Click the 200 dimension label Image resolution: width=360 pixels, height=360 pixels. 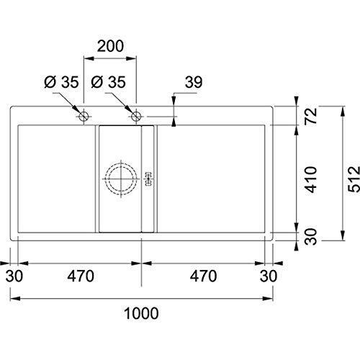click(x=110, y=46)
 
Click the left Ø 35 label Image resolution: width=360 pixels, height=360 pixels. click(x=61, y=82)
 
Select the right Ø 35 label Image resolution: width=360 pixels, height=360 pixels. click(x=108, y=82)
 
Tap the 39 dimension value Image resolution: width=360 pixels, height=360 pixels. click(x=194, y=82)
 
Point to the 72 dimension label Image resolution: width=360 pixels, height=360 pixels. click(x=311, y=116)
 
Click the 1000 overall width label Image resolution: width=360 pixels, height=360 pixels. click(x=141, y=313)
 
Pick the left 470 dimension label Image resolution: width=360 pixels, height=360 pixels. click(x=81, y=276)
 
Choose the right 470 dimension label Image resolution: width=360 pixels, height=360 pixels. click(x=203, y=276)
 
